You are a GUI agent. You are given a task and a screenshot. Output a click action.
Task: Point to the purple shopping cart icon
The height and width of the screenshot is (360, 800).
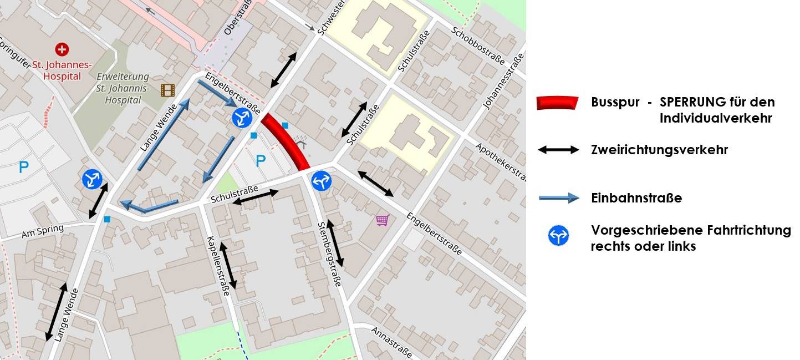(x=382, y=220)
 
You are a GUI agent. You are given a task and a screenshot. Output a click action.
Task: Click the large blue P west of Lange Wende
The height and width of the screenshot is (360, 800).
(x=23, y=167)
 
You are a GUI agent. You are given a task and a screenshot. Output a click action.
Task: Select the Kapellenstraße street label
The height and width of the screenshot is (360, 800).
(x=218, y=266)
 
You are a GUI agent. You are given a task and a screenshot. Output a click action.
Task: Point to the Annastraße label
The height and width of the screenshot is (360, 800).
(x=391, y=342)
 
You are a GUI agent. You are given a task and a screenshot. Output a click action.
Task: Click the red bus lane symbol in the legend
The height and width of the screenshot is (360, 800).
(x=557, y=103)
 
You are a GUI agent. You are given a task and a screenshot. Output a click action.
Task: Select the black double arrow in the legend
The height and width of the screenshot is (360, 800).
(x=558, y=150)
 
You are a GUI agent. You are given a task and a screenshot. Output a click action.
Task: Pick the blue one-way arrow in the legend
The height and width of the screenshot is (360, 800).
(x=559, y=198)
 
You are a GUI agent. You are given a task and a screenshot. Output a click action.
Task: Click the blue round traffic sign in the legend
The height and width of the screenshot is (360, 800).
(x=558, y=237)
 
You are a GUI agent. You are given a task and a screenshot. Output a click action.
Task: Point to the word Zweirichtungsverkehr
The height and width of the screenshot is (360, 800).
(x=659, y=150)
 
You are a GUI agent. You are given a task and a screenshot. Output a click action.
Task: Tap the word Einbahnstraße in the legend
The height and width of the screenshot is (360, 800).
(x=636, y=198)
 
